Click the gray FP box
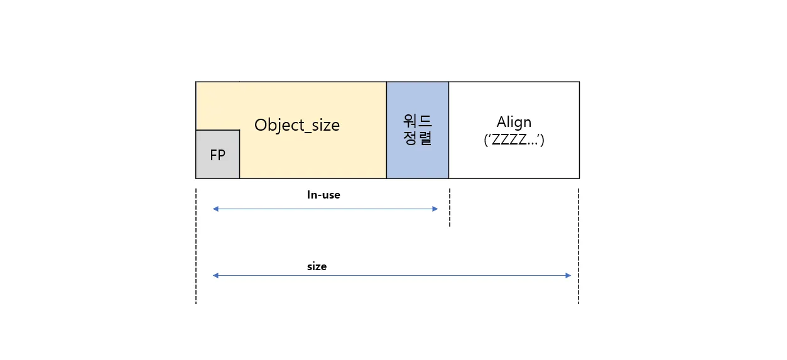[x=217, y=154]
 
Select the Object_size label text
[x=296, y=125]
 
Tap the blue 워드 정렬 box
[x=418, y=130]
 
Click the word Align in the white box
[x=514, y=122]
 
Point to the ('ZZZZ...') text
[x=514, y=139]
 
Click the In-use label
[x=323, y=195]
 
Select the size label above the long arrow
[x=317, y=266]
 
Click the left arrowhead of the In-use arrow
[x=215, y=209]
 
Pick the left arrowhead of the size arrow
[x=215, y=276]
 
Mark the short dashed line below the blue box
[x=450, y=207]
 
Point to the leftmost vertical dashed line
[x=196, y=245]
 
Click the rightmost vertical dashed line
[x=578, y=245]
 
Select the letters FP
[x=217, y=155]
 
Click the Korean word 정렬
[x=418, y=139]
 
